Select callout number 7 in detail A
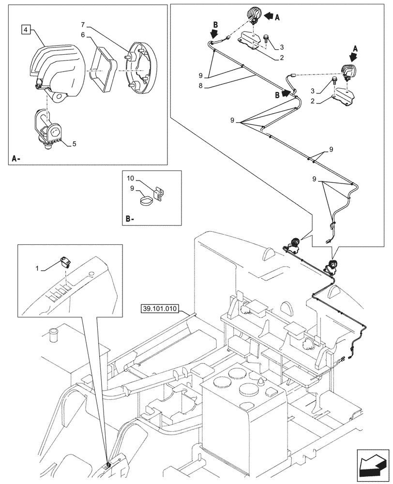click(x=83, y=24)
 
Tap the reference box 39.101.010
click(x=160, y=308)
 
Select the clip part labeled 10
click(x=160, y=193)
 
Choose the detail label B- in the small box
click(x=129, y=219)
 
